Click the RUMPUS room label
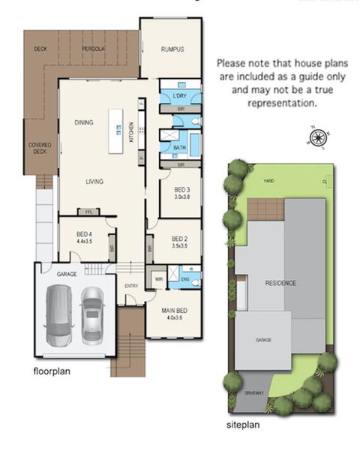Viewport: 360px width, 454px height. pyautogui.click(x=172, y=50)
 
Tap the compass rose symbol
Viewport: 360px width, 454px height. pyautogui.click(x=318, y=137)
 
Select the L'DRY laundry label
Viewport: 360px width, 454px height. pyautogui.click(x=179, y=97)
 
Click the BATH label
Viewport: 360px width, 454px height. pyautogui.click(x=179, y=148)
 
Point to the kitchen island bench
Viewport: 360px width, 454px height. pyautogui.click(x=116, y=131)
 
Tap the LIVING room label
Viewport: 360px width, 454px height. pyautogui.click(x=94, y=181)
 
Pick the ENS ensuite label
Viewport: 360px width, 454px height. pyautogui.click(x=185, y=279)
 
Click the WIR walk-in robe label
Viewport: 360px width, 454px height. pyautogui.click(x=159, y=279)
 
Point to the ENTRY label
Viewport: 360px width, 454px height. pyautogui.click(x=132, y=286)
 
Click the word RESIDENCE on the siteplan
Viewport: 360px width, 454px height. pyautogui.click(x=280, y=283)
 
